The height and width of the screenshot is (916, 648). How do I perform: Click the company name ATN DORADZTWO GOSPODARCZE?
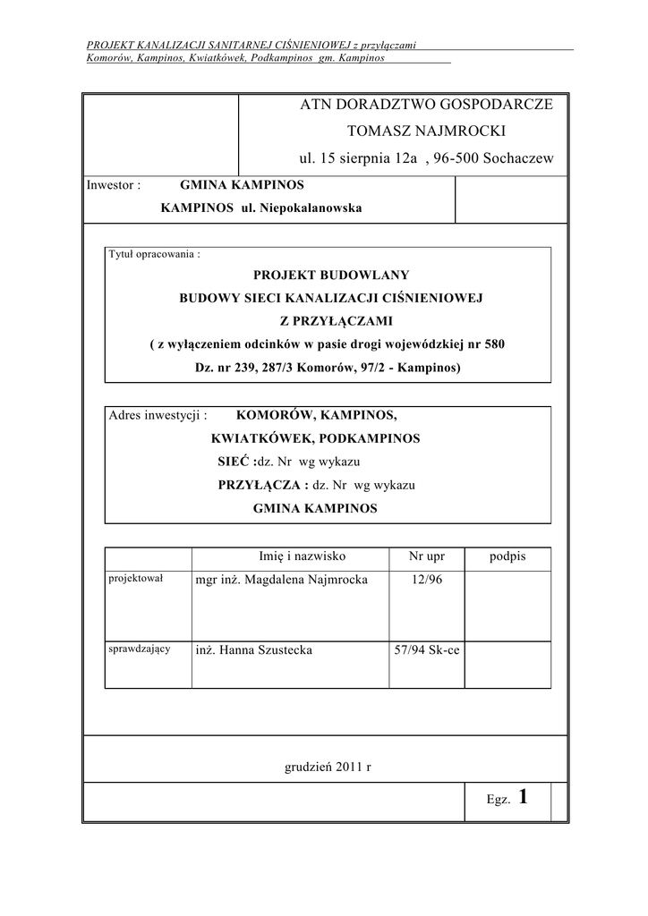click(427, 105)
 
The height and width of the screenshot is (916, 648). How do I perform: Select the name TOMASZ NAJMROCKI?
click(426, 131)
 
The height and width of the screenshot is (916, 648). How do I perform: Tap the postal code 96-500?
click(461, 158)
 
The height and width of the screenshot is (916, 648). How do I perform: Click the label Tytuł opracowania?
click(154, 253)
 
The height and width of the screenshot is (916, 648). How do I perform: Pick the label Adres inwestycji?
click(158, 416)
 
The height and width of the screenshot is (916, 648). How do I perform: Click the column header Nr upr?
click(426, 556)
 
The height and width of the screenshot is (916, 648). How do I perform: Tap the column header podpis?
click(507, 556)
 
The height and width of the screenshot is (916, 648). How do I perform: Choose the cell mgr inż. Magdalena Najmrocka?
click(281, 580)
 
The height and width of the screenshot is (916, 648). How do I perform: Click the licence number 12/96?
click(426, 580)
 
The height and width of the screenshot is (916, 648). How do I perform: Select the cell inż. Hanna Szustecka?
click(253, 650)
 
